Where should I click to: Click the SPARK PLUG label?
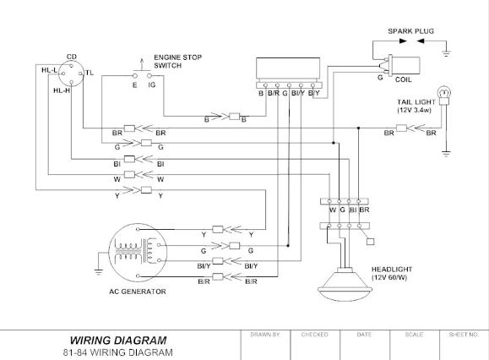[x=410, y=31]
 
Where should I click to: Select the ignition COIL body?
[x=405, y=66]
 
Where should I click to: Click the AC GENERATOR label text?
[x=138, y=292]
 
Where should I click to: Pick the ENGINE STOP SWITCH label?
[x=177, y=62]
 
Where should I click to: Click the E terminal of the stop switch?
[x=135, y=76]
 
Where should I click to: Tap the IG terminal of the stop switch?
[x=149, y=76]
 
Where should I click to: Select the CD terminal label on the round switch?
[x=72, y=57]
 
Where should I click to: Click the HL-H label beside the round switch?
[x=62, y=90]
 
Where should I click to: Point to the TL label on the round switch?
[x=90, y=73]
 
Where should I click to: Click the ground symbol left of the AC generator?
[x=99, y=272]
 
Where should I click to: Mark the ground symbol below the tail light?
[x=446, y=154]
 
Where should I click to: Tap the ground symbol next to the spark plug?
[x=446, y=53]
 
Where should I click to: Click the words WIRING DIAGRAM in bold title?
[x=118, y=340]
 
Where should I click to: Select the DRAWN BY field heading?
[x=265, y=335]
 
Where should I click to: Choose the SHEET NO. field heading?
[x=464, y=335]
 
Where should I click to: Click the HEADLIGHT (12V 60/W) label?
[x=392, y=273]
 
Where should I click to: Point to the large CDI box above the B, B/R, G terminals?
[x=288, y=68]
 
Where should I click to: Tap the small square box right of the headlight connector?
[x=370, y=242]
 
